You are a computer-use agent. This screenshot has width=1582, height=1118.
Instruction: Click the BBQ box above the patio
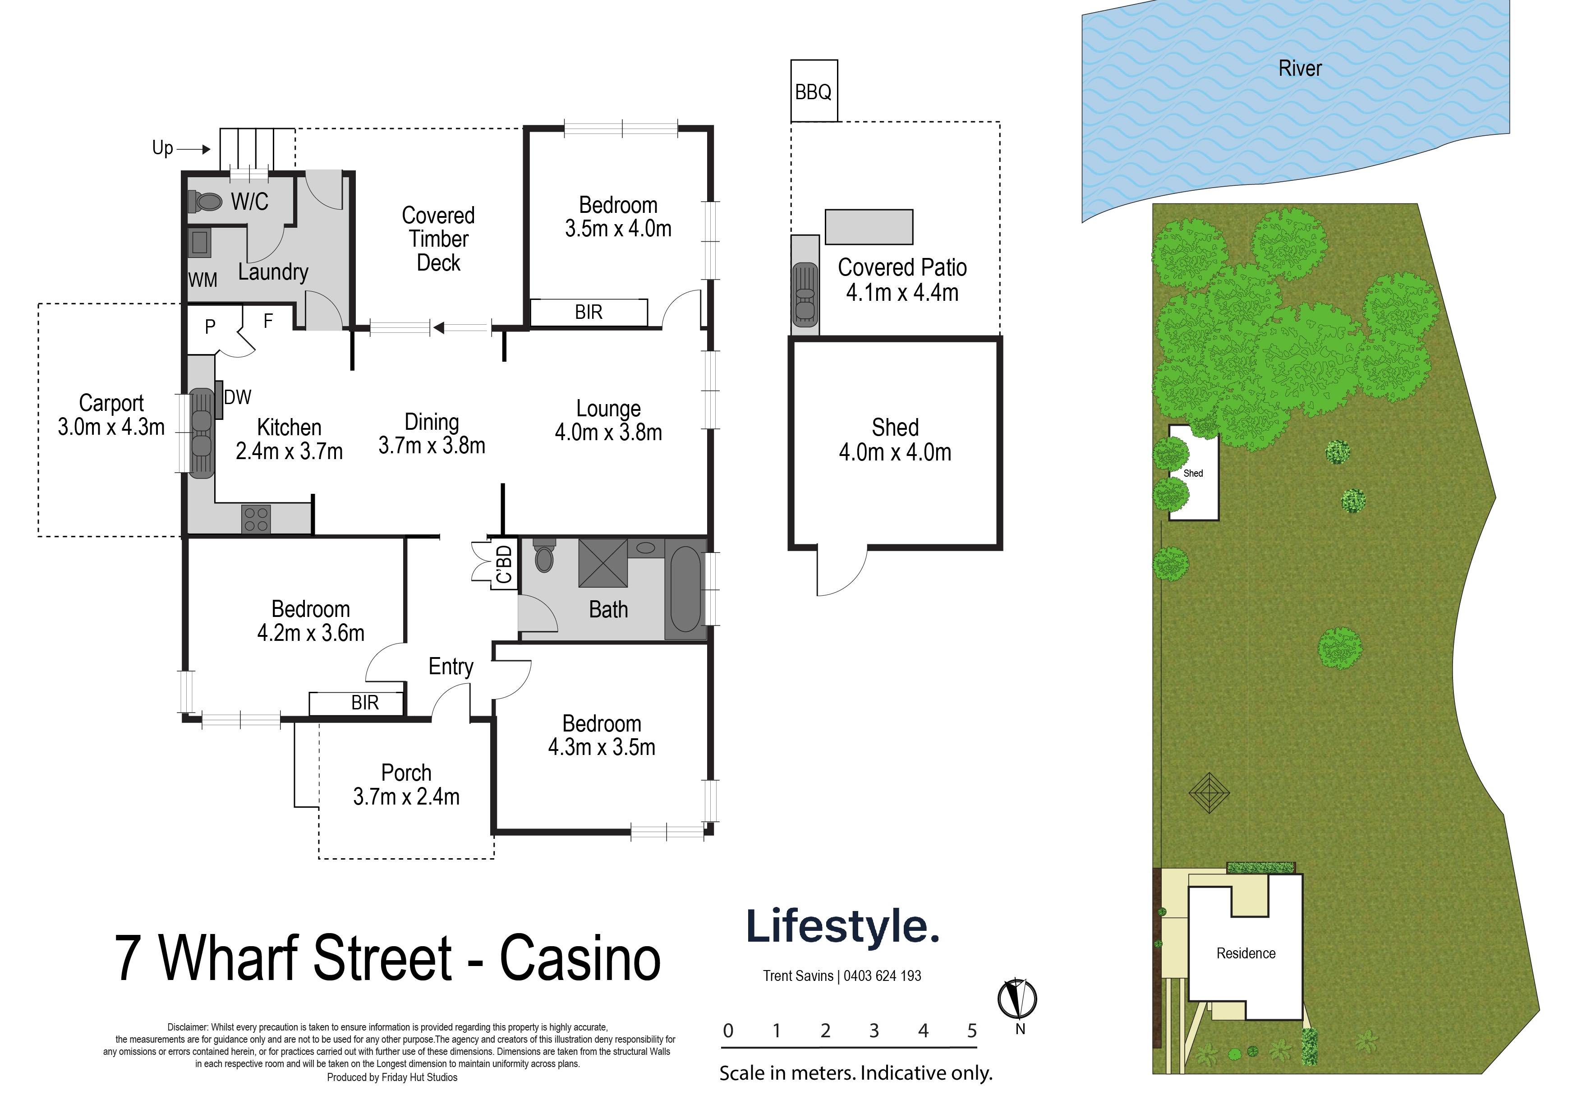pyautogui.click(x=814, y=91)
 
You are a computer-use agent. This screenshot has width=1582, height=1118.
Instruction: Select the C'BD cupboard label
pyautogui.click(x=504, y=565)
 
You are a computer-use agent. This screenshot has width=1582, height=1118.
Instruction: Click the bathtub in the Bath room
pyautogui.click(x=685, y=589)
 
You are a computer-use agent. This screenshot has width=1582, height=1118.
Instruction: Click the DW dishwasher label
pyautogui.click(x=238, y=397)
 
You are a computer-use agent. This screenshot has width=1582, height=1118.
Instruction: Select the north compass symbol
pyautogui.click(x=1018, y=999)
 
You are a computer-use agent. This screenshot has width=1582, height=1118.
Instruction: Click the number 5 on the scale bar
pyautogui.click(x=971, y=1031)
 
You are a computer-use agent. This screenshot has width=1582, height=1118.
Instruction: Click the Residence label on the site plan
pyautogui.click(x=1246, y=953)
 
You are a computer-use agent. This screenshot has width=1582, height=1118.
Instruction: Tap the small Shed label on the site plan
pyautogui.click(x=1193, y=473)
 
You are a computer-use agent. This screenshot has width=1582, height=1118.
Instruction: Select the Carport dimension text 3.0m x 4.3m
pyautogui.click(x=111, y=427)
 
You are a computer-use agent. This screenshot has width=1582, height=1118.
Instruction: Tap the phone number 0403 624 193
pyautogui.click(x=882, y=975)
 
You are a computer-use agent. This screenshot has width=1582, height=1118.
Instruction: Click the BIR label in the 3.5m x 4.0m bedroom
pyautogui.click(x=589, y=312)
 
